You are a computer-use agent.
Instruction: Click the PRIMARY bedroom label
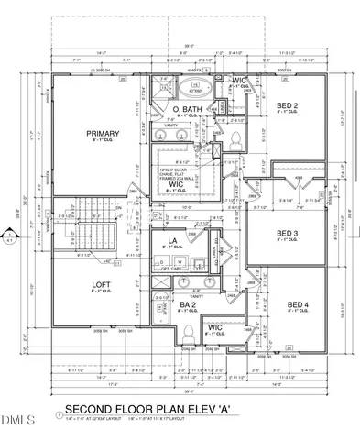pos(98,135)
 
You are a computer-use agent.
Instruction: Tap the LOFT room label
pos(100,285)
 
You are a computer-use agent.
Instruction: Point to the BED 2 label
pos(289,107)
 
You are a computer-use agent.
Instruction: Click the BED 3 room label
pos(289,234)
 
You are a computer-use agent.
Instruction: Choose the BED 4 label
pos(297,304)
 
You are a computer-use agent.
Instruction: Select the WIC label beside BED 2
pos(239,82)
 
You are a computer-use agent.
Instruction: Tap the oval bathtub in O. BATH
pos(194,90)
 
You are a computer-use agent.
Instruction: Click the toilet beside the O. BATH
pos(235,139)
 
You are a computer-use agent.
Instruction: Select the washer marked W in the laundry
pos(181,261)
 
